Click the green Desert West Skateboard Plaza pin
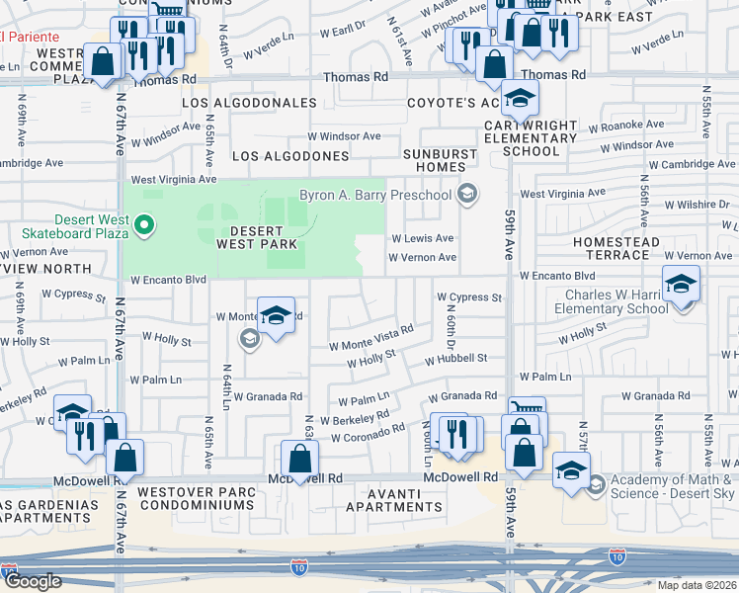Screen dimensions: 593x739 [144, 227]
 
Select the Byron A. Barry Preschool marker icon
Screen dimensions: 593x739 [468, 195]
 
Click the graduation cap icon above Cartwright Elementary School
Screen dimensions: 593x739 [519, 98]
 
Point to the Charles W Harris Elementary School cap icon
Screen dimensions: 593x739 [681, 287]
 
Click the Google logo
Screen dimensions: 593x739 [32, 581]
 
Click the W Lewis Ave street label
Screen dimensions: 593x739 [423, 238]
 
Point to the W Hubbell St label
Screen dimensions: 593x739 [456, 360]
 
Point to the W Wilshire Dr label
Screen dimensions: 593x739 [695, 206]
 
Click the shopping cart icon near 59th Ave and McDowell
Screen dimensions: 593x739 [527, 409]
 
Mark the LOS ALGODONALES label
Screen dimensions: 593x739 [248, 103]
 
